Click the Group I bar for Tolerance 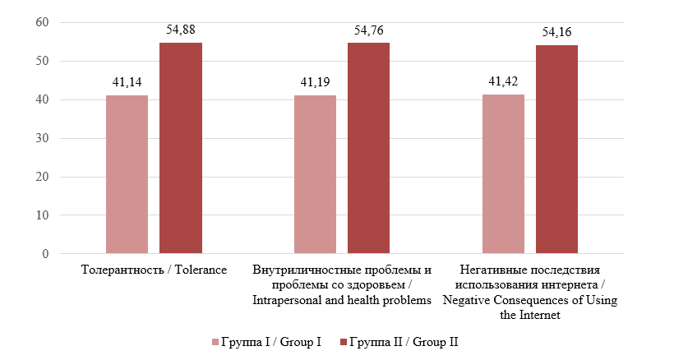pos(127,174)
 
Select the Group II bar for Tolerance pos(180,148)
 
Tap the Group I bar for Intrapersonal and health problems pos(315,174)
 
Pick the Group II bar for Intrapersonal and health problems pos(368,148)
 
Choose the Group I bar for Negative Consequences pos(503,174)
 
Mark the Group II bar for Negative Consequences pos(556,150)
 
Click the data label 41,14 pos(127,82)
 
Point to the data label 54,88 pos(180,30)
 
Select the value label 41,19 pos(315,82)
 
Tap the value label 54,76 pos(368,30)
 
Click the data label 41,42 pos(503,81)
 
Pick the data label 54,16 pos(556,33)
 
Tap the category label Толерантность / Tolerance pos(154,270)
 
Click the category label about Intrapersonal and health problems pos(342,285)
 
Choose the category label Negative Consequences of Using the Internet pos(530,293)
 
